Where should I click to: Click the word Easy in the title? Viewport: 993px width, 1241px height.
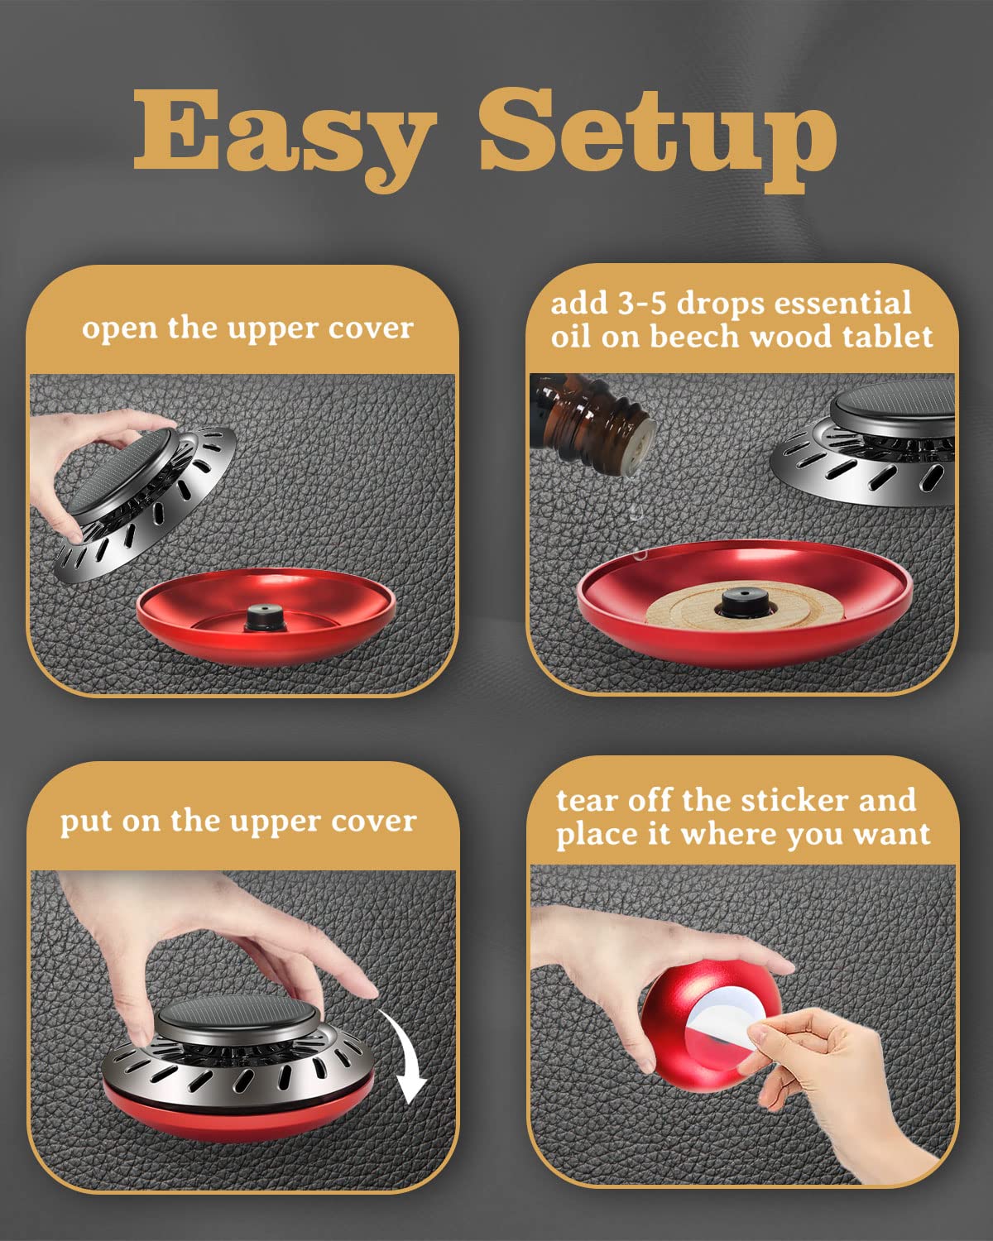(285, 137)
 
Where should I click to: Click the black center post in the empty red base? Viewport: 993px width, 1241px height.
(265, 617)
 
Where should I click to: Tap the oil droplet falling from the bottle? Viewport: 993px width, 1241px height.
(636, 510)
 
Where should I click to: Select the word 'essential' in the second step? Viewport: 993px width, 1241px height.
(843, 304)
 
